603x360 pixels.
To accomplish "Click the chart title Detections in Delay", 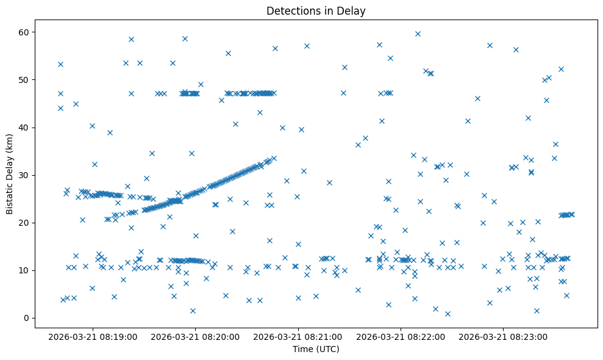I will pyautogui.click(x=316, y=11).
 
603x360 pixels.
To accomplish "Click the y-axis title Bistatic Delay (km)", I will pyautogui.click(x=10, y=175).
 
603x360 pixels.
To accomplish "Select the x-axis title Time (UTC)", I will pyautogui.click(x=316, y=350).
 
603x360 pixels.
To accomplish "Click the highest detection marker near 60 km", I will pyautogui.click(x=418, y=34).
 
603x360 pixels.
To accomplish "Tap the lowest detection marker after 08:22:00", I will pyautogui.click(x=448, y=314).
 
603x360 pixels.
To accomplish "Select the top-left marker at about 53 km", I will pyautogui.click(x=60, y=64).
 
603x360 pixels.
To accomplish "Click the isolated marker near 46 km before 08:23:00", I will pyautogui.click(x=477, y=98).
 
